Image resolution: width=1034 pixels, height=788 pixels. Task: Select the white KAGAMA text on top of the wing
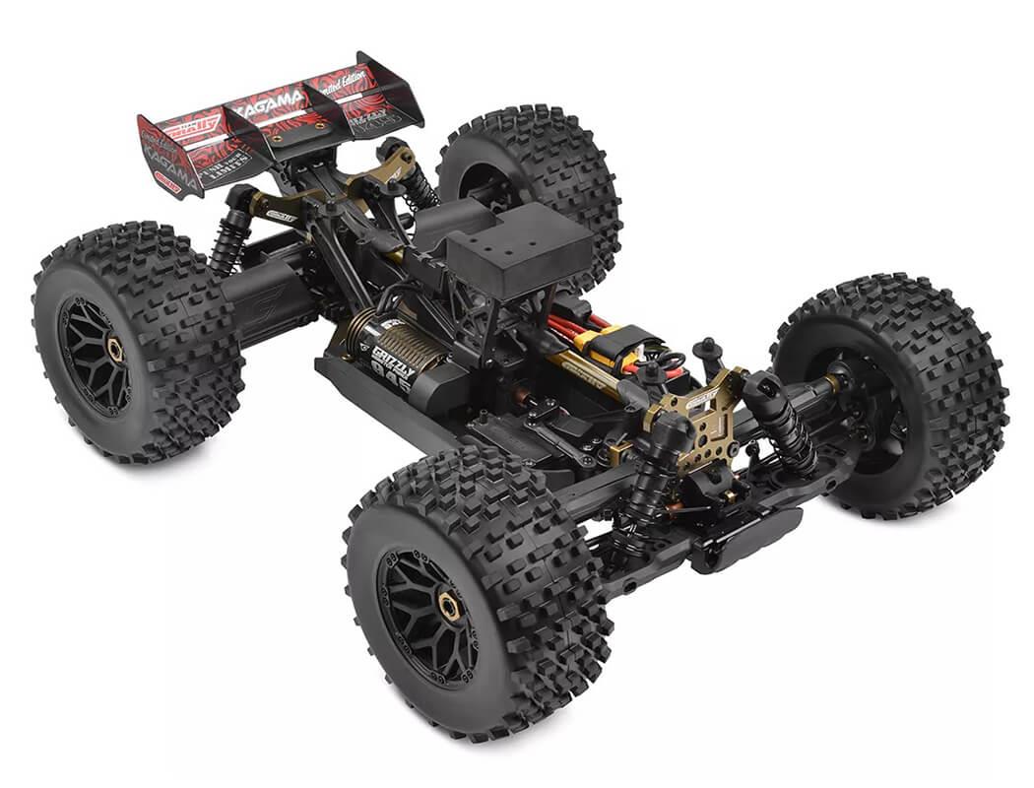(268, 100)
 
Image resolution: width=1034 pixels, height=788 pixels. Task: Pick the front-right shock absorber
(783, 424)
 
